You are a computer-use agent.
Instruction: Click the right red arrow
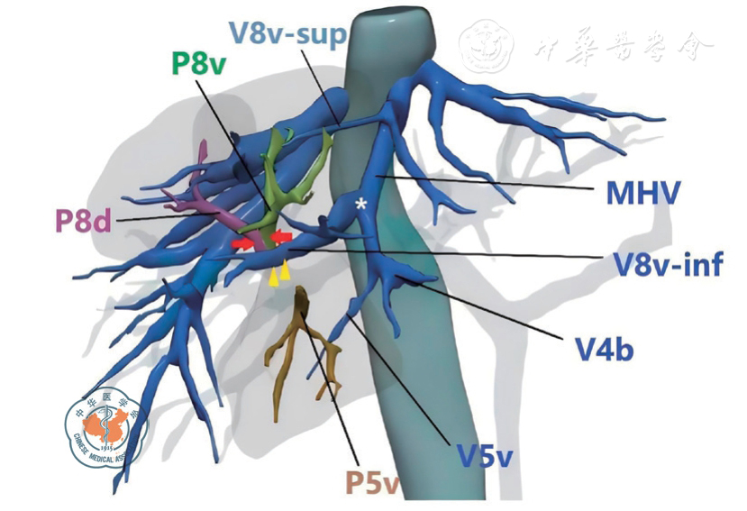click(x=282, y=237)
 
